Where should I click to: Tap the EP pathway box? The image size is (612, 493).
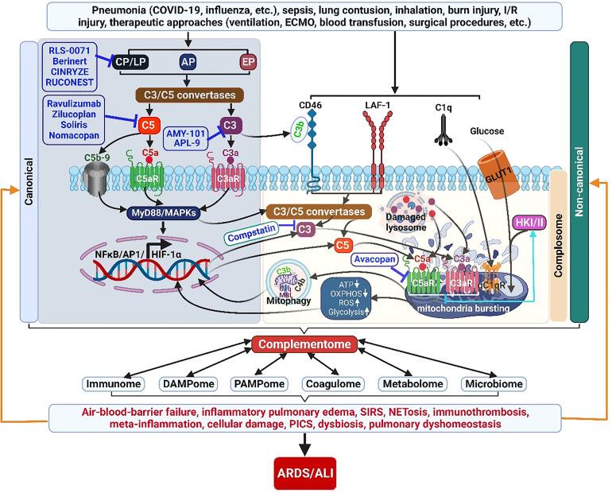248,62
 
